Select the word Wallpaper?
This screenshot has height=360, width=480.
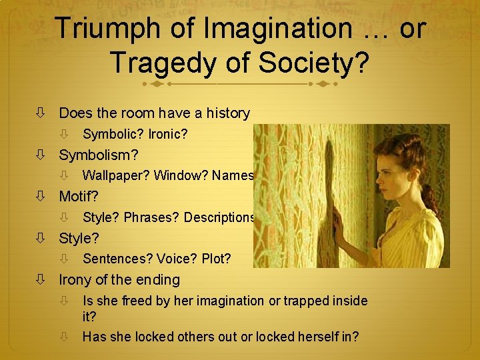pos(116,176)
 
